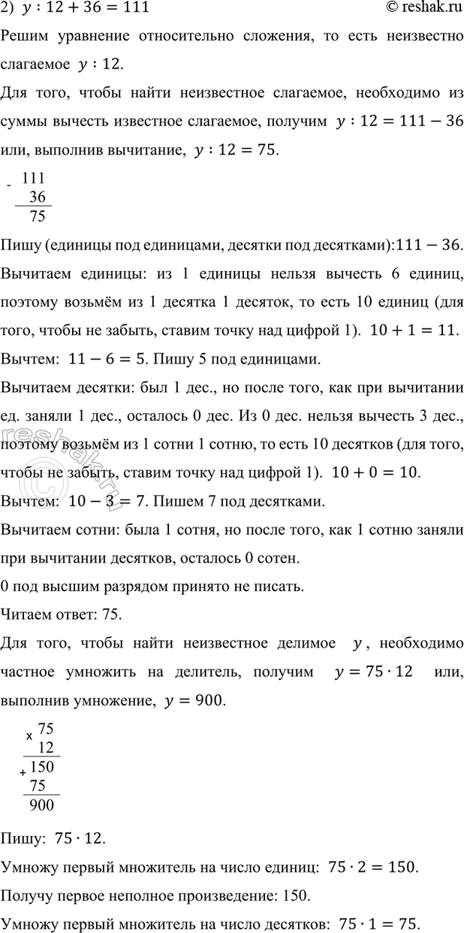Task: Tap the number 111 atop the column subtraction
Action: pos(35,179)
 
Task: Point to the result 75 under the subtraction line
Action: pos(35,218)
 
